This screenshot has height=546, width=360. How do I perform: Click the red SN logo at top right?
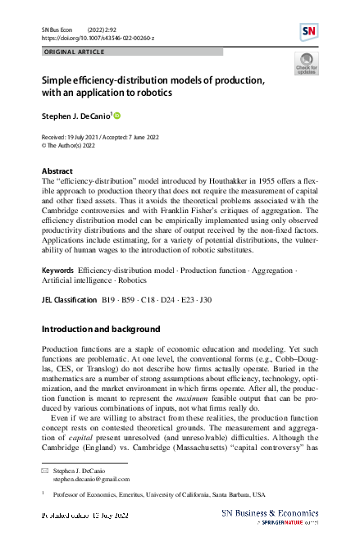pyautogui.click(x=308, y=31)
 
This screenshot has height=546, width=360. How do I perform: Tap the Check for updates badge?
pyautogui.click(x=306, y=64)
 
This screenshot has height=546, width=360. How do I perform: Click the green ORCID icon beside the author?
pyautogui.click(x=116, y=116)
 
